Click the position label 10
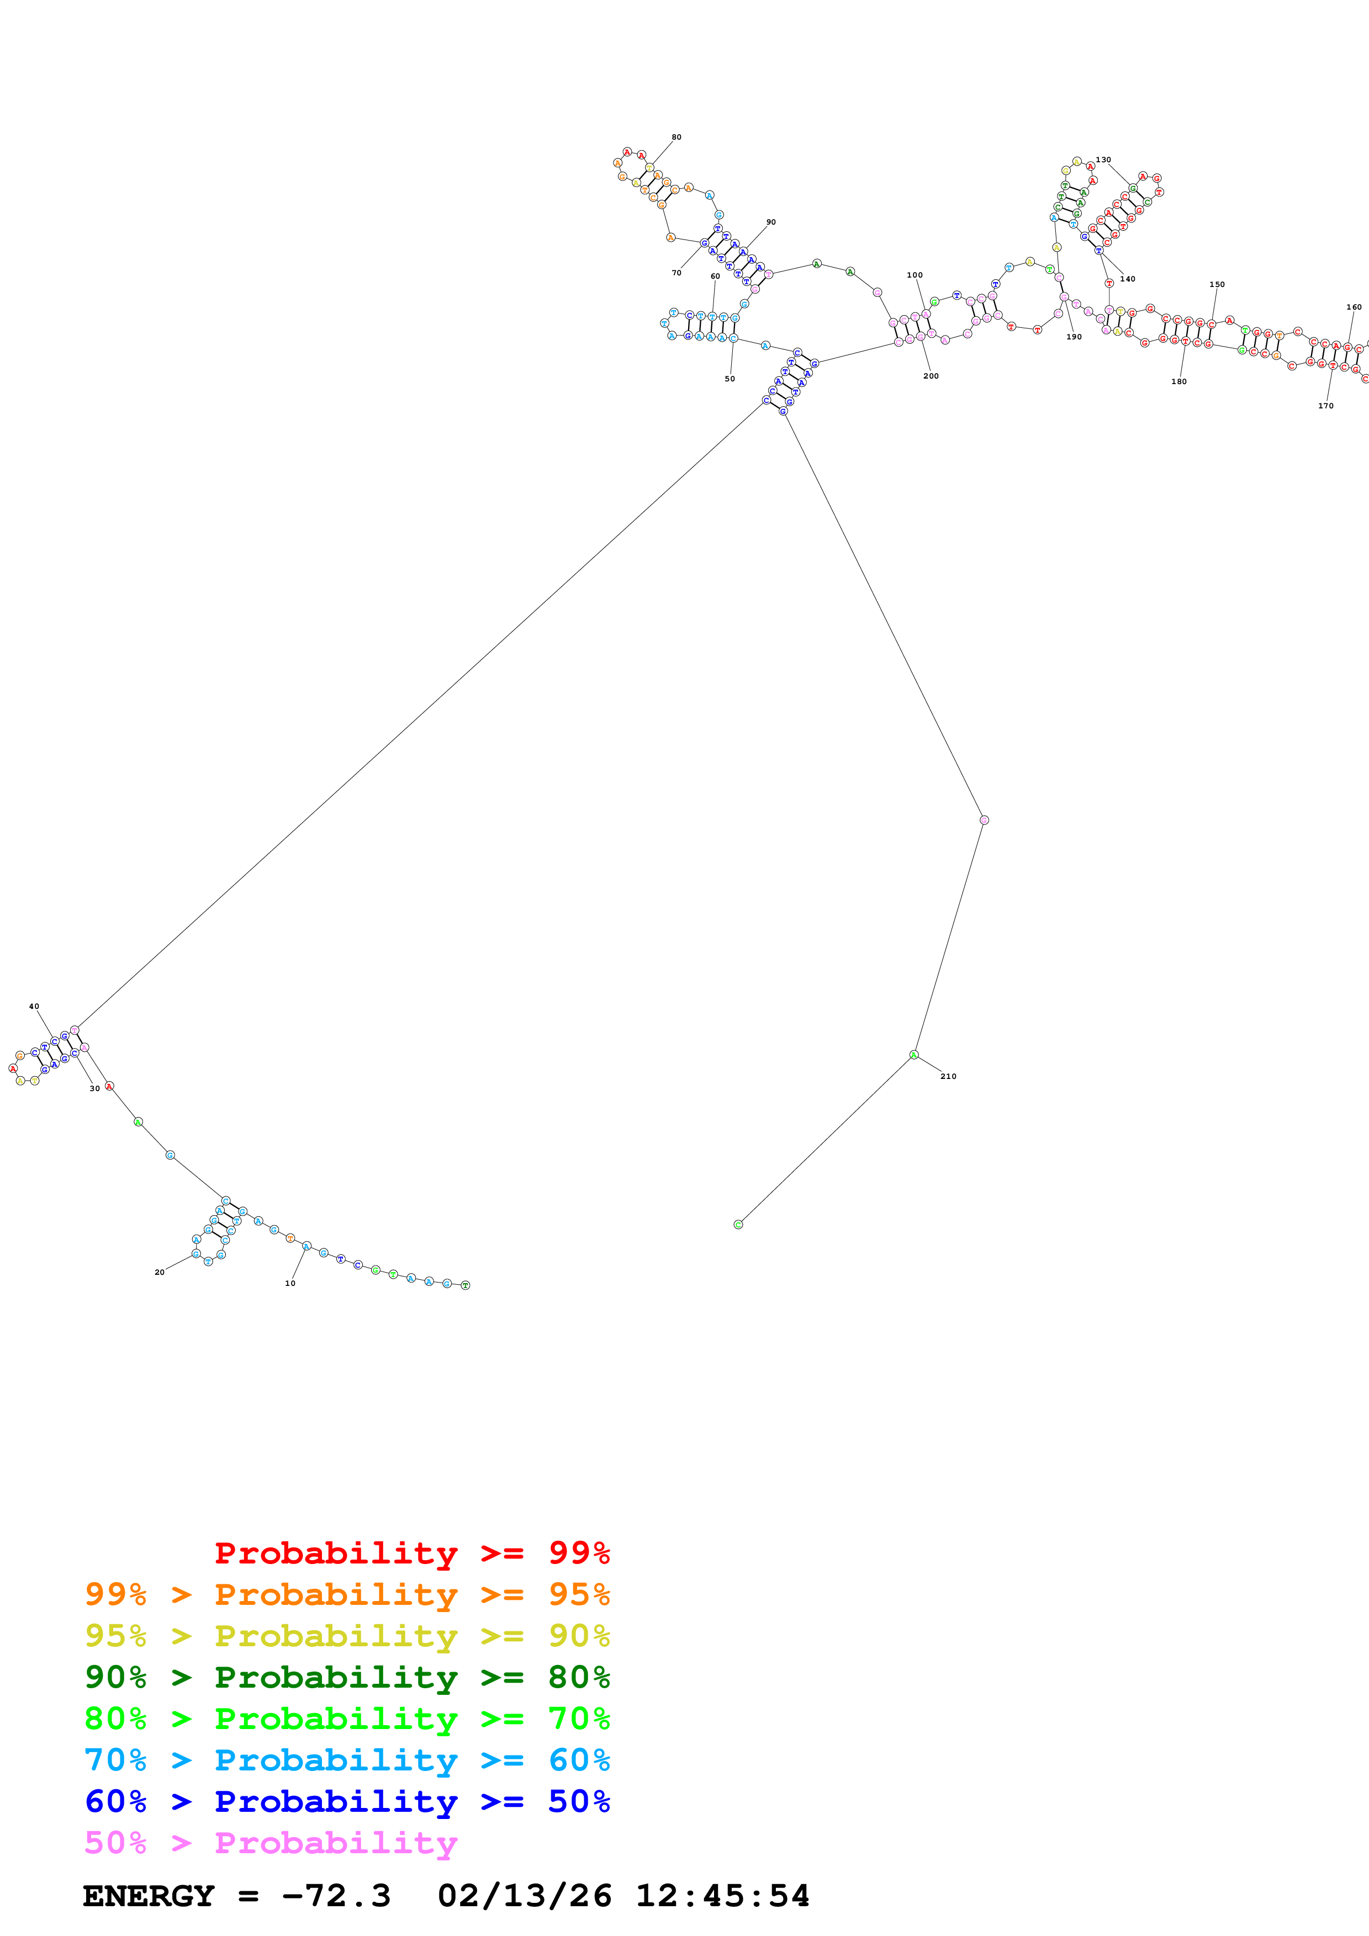(x=290, y=1283)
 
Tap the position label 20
(x=160, y=1273)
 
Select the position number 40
(x=34, y=1006)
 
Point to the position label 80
(x=676, y=137)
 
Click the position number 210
(x=948, y=1076)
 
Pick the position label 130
(x=1103, y=159)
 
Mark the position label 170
(x=1326, y=406)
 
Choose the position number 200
(x=931, y=376)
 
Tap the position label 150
(x=1217, y=284)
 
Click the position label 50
(x=730, y=379)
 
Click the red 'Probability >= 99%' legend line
(x=411, y=1552)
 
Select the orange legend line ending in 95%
(x=347, y=1594)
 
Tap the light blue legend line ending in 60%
(x=347, y=1760)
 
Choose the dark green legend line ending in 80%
(x=347, y=1677)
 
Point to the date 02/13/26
(x=524, y=1896)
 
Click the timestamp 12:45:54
(x=722, y=1896)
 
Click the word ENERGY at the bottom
(x=149, y=1896)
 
